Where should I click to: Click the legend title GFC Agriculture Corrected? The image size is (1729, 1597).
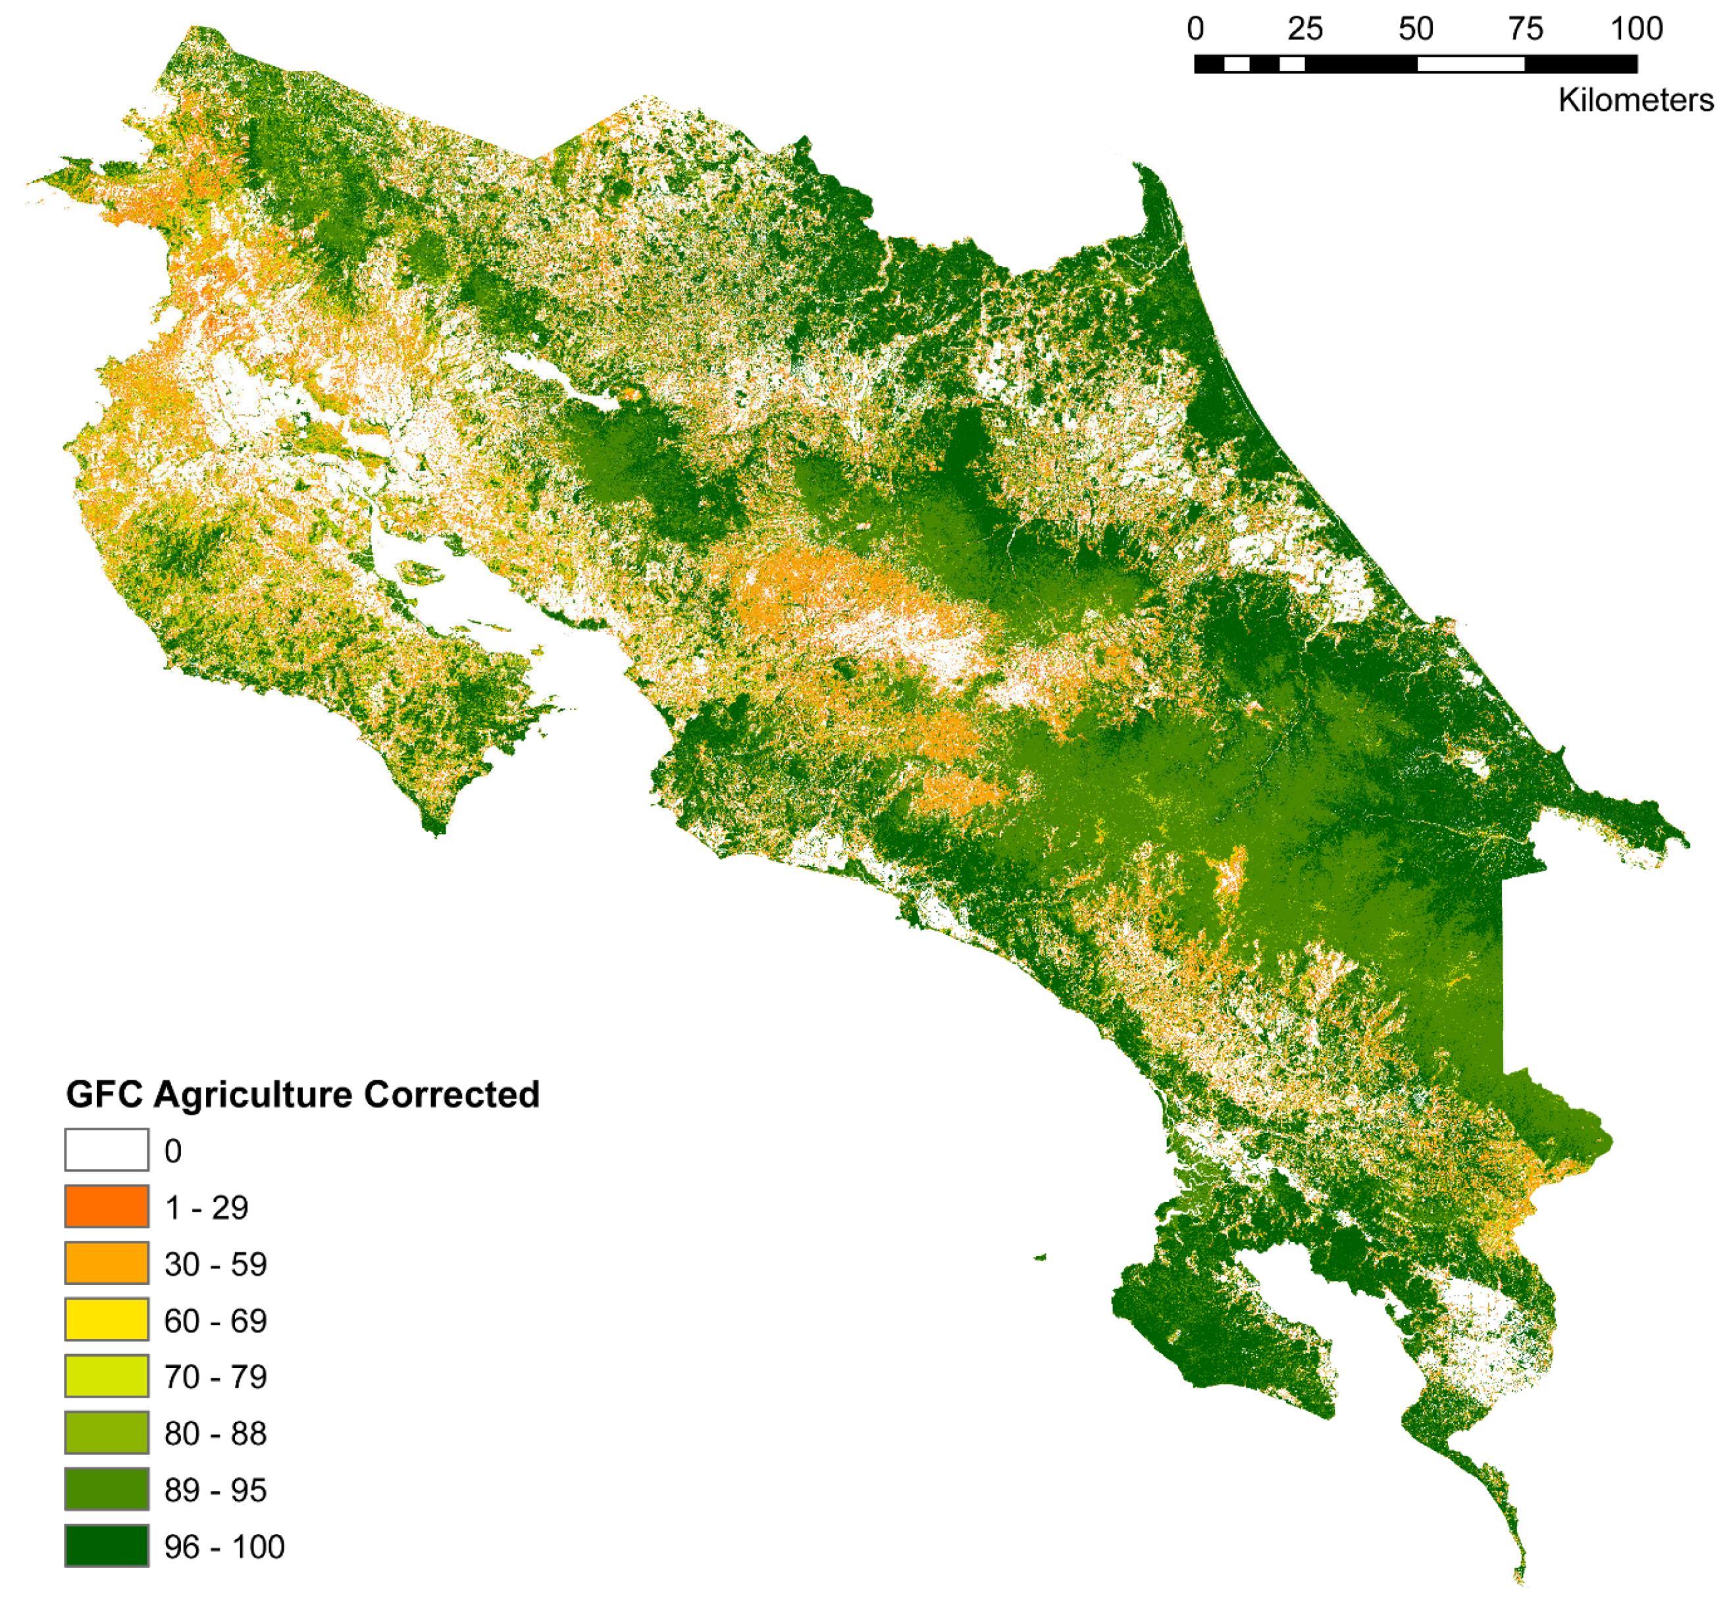(302, 1094)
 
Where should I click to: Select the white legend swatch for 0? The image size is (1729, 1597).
(106, 1150)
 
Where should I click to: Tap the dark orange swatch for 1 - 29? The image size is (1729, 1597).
(106, 1207)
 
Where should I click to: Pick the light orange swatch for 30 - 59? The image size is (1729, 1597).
(106, 1263)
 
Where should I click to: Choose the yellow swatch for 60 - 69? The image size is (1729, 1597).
(106, 1320)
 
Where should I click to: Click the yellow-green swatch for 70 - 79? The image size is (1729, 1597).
(106, 1376)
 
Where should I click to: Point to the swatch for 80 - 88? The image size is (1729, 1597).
(106, 1433)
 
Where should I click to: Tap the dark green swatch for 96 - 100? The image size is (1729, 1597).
(106, 1546)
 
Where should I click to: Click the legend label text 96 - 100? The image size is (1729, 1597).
(224, 1547)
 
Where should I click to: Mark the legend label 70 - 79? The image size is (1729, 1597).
(215, 1376)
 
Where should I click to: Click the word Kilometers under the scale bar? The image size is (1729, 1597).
(1636, 100)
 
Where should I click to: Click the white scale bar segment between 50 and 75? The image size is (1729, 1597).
(1470, 64)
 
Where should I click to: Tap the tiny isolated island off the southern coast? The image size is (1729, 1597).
(1041, 1257)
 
